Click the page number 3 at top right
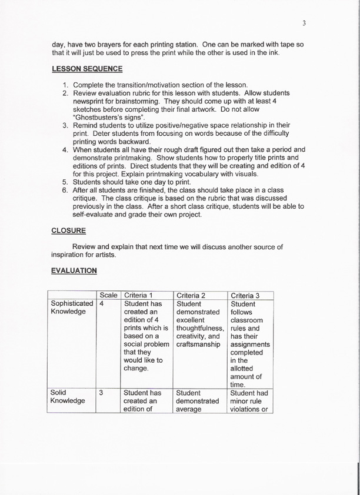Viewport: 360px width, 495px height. coord(304,24)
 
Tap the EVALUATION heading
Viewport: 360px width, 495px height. coord(74,270)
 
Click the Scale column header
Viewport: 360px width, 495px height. coord(109,295)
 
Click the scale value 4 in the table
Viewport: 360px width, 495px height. coord(102,305)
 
